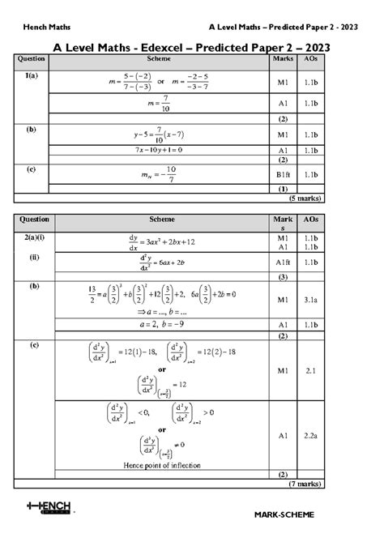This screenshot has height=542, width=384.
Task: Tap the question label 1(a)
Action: pyautogui.click(x=32, y=75)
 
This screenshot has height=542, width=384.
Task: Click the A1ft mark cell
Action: pyautogui.click(x=283, y=262)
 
